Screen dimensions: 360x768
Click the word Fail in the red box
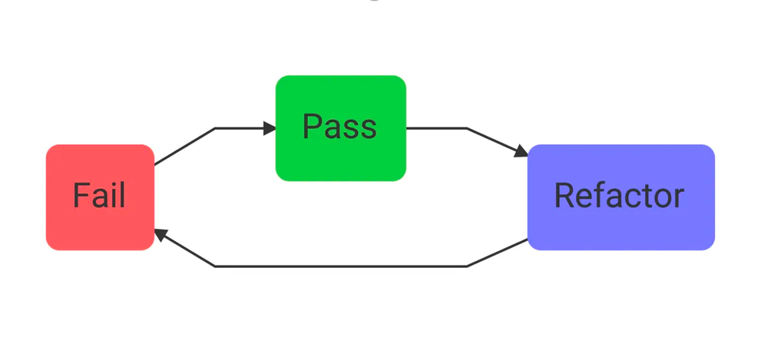(99, 197)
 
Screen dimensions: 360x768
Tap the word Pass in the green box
(339, 127)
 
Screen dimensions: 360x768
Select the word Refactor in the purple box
(619, 196)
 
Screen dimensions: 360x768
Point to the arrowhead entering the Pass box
(270, 128)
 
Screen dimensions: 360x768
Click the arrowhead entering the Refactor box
(521, 150)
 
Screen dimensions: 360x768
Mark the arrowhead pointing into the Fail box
(161, 234)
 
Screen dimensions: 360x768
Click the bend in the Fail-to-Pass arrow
(215, 128)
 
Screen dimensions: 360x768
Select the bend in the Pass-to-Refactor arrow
(467, 128)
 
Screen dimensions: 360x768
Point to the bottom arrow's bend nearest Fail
(215, 266)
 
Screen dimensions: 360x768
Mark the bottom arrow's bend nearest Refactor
(467, 266)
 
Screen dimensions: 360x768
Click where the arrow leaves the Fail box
(155, 164)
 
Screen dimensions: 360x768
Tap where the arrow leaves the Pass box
(406, 128)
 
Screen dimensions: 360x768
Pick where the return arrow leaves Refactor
(528, 239)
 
